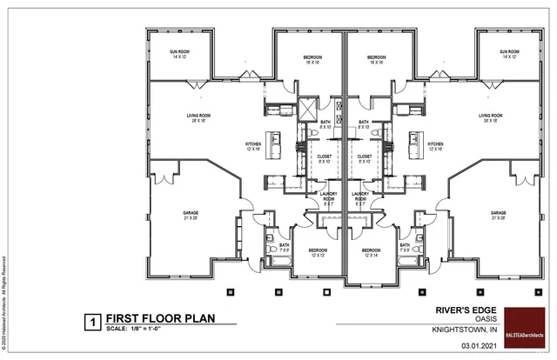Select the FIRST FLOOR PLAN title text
tap(158, 318)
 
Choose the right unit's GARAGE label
tap(499, 215)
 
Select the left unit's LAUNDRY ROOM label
tap(329, 197)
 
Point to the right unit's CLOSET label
tap(365, 158)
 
